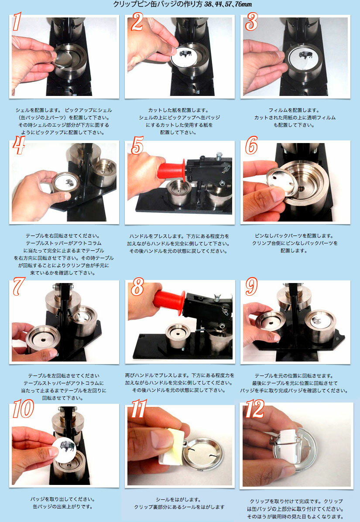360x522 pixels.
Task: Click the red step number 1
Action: point(17,22)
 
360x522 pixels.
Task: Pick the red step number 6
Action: point(252,147)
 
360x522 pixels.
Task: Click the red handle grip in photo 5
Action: point(171,169)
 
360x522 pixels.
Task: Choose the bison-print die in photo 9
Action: point(320,321)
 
